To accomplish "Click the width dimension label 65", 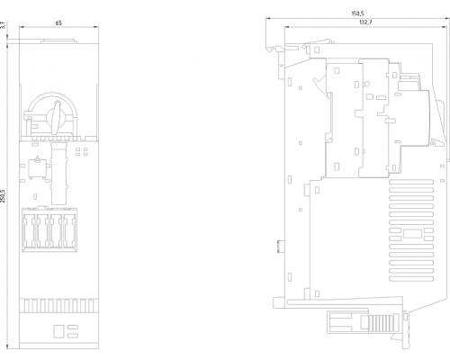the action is pos(58,22).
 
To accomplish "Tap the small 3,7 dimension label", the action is pos(3,25).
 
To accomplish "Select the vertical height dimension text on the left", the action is pos(3,196).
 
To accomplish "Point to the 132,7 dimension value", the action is pos(365,22).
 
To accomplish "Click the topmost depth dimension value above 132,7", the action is pos(357,13).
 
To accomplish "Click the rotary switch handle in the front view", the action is pos(56,118).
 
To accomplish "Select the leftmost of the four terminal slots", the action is pos(30,230).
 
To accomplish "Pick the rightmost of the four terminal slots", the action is pos(69,230).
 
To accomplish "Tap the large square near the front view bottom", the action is pos(58,331).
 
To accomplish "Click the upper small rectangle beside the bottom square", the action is pos(73,327).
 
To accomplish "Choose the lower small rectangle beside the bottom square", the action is pos(73,336).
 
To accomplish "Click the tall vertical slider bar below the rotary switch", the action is pos(58,174).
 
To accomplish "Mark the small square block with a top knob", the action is pos(38,168).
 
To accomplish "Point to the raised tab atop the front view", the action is pos(58,41).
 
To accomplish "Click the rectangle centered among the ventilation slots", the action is pos(412,234).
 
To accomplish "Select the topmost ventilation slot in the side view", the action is pos(411,182).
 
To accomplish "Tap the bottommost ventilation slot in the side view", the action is pos(411,279).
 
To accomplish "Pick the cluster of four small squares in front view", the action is pos(82,151).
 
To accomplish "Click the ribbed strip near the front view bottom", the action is pos(58,306).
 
